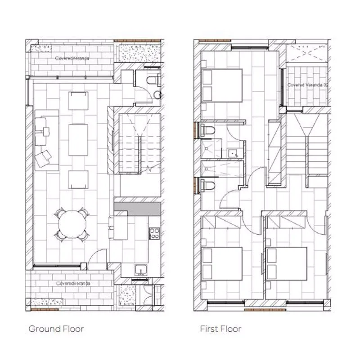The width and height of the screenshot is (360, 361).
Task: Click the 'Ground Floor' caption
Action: (x=56, y=329)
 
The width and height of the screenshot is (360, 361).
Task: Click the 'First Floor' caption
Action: (x=220, y=329)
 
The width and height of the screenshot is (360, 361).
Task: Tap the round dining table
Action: (x=72, y=224)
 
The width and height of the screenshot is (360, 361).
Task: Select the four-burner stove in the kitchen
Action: (x=154, y=233)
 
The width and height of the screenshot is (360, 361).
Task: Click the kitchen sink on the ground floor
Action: (x=141, y=270)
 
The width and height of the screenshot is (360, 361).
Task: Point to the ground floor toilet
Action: (x=154, y=80)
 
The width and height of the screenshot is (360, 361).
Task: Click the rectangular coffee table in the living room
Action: (x=78, y=140)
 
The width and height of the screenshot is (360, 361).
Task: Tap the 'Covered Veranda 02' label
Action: (x=307, y=85)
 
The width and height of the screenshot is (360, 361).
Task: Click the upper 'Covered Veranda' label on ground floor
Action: (x=72, y=58)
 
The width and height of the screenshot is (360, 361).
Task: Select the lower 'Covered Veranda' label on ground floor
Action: (x=73, y=283)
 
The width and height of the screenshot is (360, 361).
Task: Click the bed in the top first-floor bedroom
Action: (x=222, y=85)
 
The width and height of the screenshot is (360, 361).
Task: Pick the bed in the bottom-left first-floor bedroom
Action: (x=222, y=264)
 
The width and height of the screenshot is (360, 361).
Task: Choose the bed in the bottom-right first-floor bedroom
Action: (x=286, y=264)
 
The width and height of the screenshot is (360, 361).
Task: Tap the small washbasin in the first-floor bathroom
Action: (x=233, y=153)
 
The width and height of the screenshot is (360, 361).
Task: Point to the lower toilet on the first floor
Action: (x=208, y=185)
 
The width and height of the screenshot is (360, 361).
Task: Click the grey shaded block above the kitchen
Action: (x=138, y=209)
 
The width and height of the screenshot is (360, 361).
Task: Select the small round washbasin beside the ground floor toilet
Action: (x=157, y=94)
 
